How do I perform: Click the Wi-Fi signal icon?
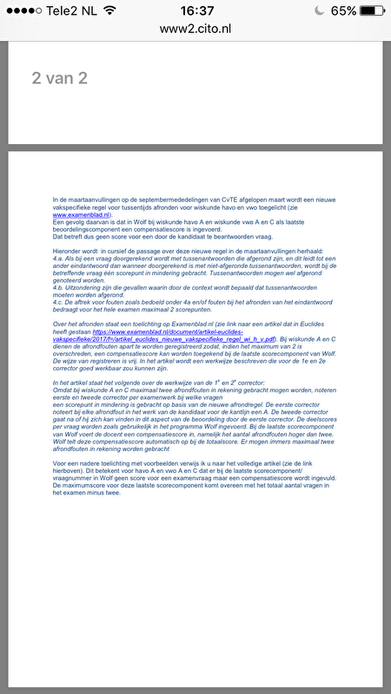coord(109,10)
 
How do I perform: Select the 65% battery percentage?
coord(342,10)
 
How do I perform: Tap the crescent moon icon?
coord(317,10)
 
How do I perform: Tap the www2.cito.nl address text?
coord(195,28)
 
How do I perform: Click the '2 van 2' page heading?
coord(60,78)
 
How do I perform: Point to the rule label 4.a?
coord(58,259)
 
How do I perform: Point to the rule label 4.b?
coord(58,299)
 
